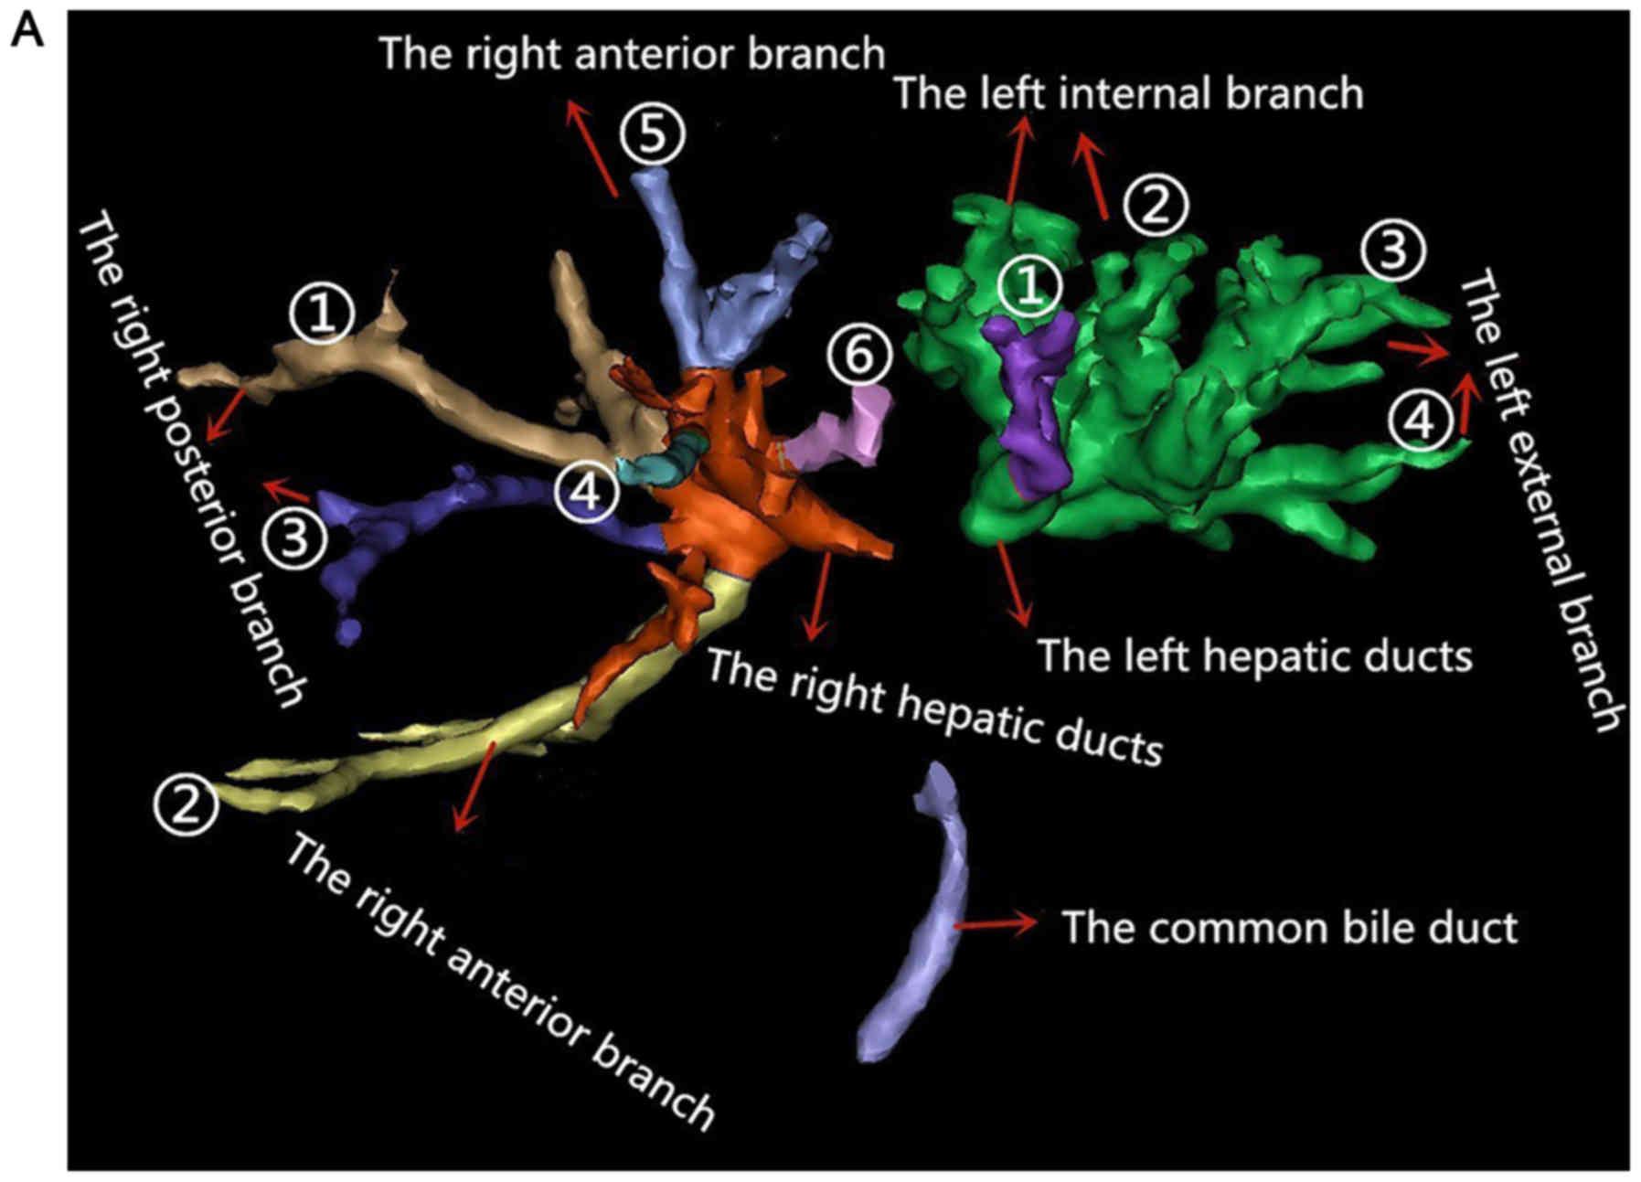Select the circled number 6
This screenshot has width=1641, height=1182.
click(858, 356)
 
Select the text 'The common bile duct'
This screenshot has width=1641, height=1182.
click(1289, 928)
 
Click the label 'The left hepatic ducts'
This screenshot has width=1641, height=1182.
click(1254, 656)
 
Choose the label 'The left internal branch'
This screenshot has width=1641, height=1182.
click(1128, 93)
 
